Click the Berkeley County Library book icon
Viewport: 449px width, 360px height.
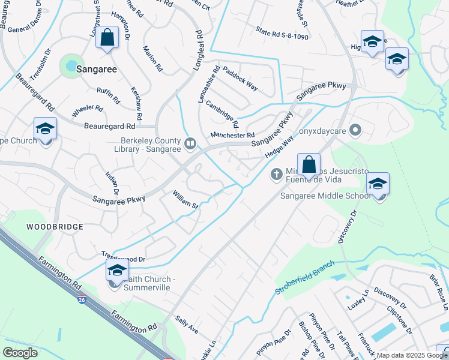[x=190, y=143]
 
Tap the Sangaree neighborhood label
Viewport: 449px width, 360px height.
[x=96, y=70]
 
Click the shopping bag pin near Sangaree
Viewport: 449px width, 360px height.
[x=106, y=38]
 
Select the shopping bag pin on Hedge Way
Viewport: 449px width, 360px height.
[x=309, y=164]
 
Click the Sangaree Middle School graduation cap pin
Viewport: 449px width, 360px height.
[x=378, y=184]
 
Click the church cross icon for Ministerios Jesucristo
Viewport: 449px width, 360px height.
[x=277, y=175]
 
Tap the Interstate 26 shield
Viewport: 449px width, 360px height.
[x=80, y=299]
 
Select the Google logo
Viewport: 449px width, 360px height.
[x=20, y=352]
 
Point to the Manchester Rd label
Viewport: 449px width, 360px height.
[x=232, y=135]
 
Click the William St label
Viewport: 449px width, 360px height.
[x=185, y=200]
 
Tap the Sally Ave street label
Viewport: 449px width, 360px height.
[x=187, y=326]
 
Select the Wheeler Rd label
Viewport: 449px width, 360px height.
[x=88, y=112]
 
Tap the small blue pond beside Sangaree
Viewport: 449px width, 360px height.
[x=71, y=64]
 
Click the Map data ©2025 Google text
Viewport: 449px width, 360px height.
[x=412, y=355]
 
